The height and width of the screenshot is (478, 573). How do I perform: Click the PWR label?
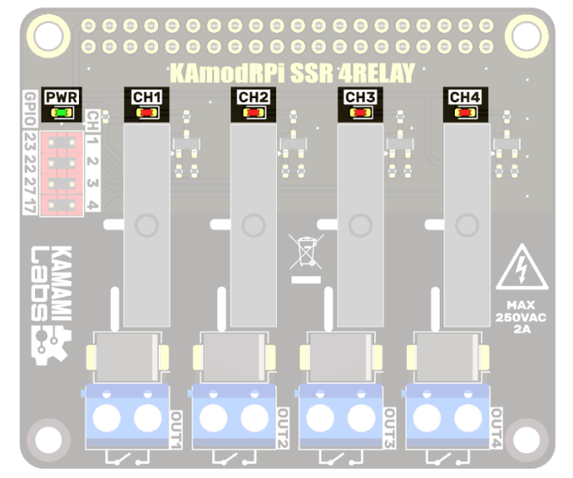click(x=61, y=97)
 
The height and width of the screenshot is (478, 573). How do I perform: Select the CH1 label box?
click(x=147, y=97)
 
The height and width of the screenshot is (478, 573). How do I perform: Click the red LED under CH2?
click(x=253, y=113)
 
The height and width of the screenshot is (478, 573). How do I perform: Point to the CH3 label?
click(x=359, y=97)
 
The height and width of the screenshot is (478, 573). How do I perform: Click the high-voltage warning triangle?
click(x=521, y=269)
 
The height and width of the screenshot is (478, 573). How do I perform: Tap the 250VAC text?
click(x=521, y=317)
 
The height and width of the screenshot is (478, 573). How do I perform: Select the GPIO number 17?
click(x=30, y=205)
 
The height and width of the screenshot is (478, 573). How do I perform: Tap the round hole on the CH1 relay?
click(x=146, y=226)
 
